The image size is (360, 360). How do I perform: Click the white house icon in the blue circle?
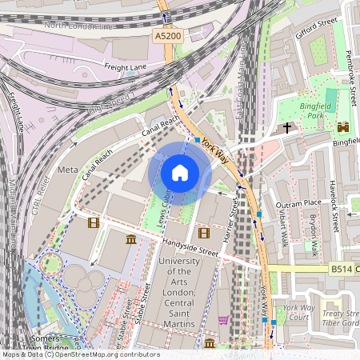point(179,173)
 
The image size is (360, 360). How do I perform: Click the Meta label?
point(68,170)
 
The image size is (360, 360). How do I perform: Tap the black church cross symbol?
point(287,128)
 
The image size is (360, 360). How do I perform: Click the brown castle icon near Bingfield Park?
point(344,127)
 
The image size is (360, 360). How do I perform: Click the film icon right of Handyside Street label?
point(203,233)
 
